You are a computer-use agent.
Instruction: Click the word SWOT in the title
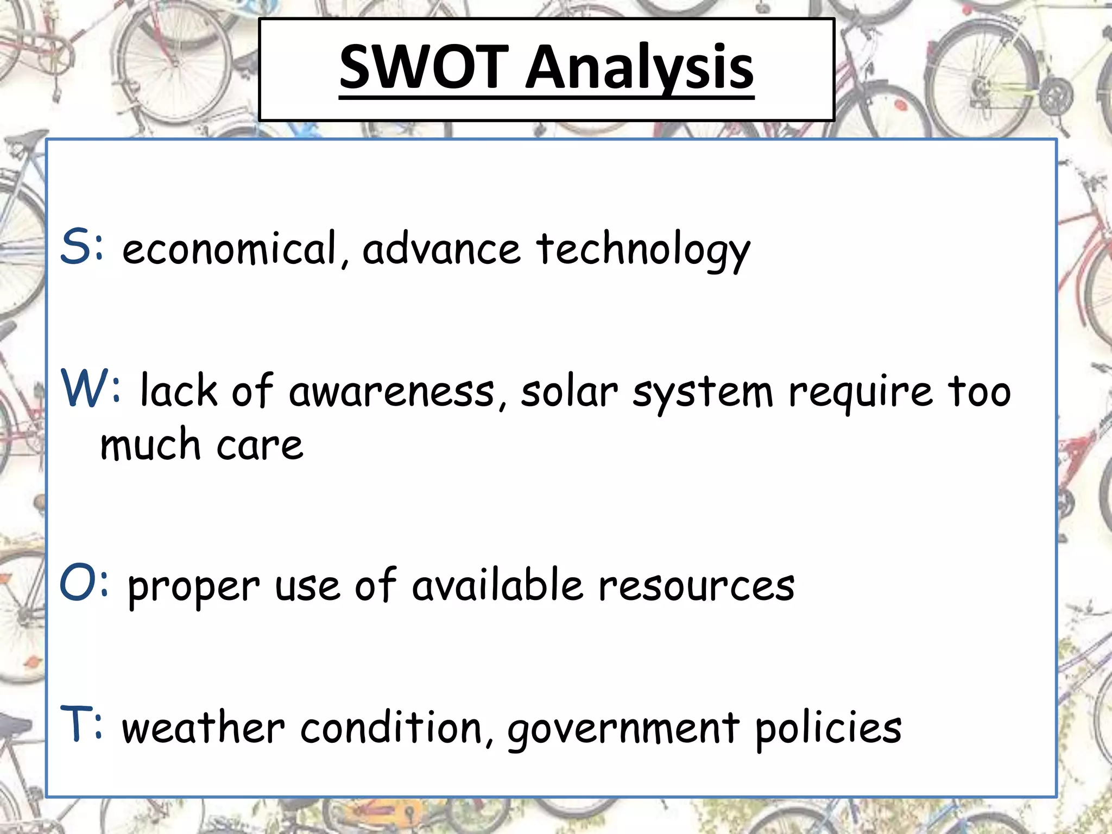(x=423, y=67)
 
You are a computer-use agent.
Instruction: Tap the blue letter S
(x=75, y=248)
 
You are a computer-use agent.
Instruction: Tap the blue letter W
(x=84, y=388)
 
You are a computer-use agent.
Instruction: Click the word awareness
(x=391, y=391)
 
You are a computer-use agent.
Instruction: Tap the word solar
(x=569, y=391)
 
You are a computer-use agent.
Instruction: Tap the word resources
(x=696, y=586)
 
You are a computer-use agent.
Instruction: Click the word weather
(x=203, y=728)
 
